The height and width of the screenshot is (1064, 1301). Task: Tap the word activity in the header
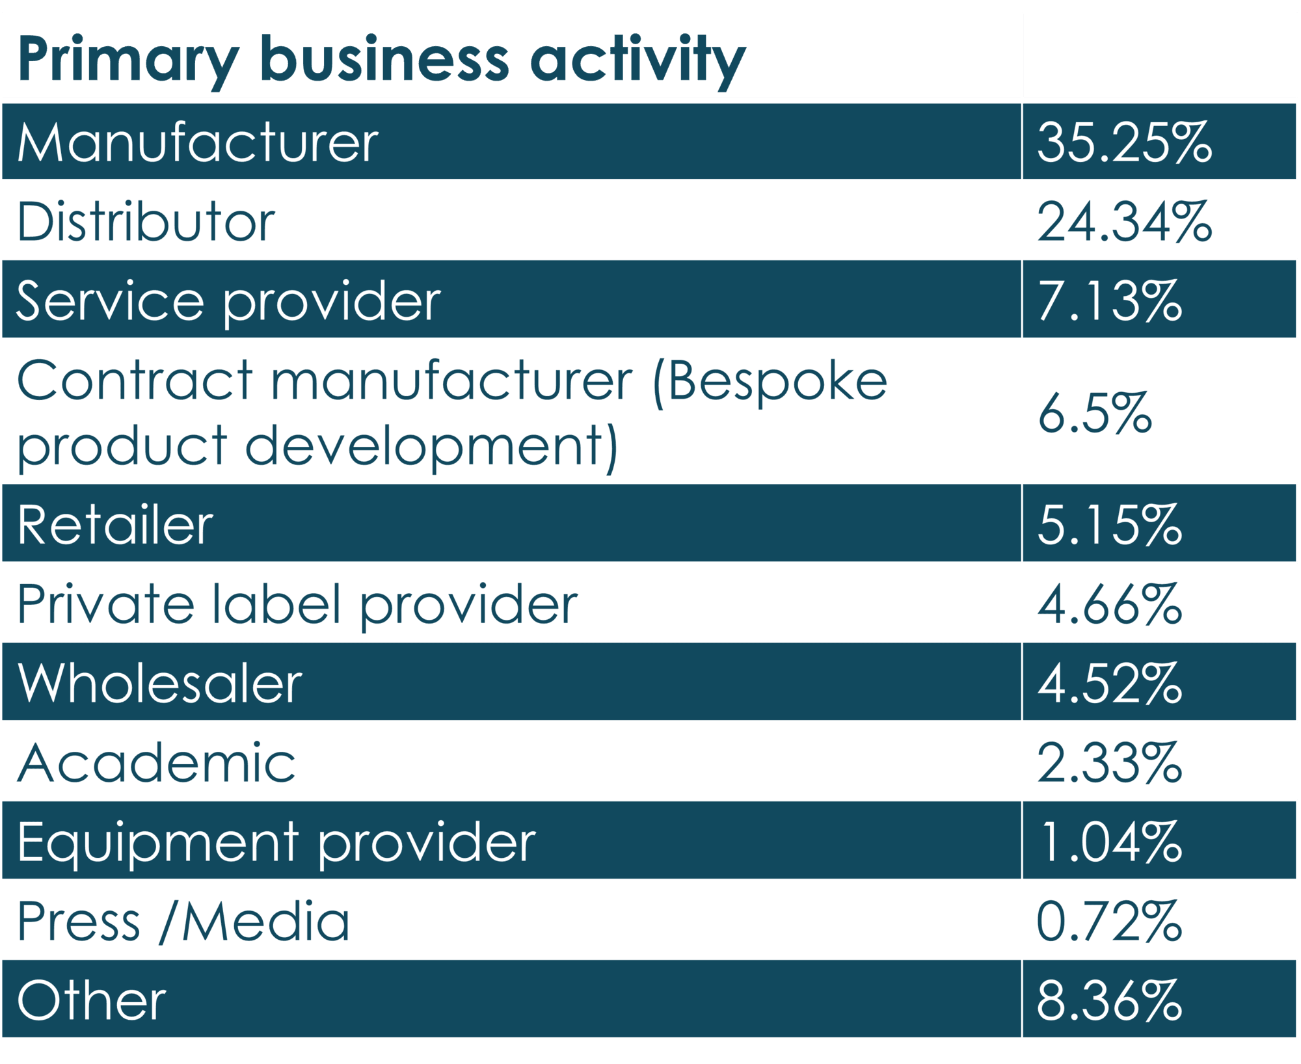pyautogui.click(x=637, y=60)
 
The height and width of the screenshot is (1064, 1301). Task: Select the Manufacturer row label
pyautogui.click(x=198, y=142)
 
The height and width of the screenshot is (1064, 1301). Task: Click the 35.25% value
pyautogui.click(x=1124, y=142)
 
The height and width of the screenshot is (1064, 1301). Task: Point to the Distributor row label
pyautogui.click(x=146, y=222)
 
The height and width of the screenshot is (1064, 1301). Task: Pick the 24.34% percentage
pyautogui.click(x=1124, y=222)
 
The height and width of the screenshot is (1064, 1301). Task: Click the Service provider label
pyautogui.click(x=228, y=301)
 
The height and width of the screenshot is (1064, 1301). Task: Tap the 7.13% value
pyautogui.click(x=1110, y=301)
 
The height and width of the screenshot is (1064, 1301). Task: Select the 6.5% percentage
pyautogui.click(x=1095, y=414)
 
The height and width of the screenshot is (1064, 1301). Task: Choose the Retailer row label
pyautogui.click(x=115, y=525)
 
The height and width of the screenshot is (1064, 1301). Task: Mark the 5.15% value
pyautogui.click(x=1110, y=525)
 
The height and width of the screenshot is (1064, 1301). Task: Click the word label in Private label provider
pyautogui.click(x=276, y=605)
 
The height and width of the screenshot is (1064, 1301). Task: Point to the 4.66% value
pyautogui.click(x=1110, y=605)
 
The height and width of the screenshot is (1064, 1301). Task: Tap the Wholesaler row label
pyautogui.click(x=160, y=684)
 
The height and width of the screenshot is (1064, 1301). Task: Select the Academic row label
pyautogui.click(x=156, y=763)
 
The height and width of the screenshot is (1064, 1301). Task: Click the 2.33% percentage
pyautogui.click(x=1110, y=763)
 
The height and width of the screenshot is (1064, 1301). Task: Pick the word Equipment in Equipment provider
pyautogui.click(x=158, y=843)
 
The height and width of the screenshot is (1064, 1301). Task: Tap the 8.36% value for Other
pyautogui.click(x=1110, y=1001)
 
